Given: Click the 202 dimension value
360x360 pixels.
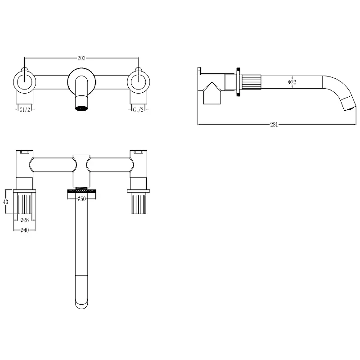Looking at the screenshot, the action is click(81, 58).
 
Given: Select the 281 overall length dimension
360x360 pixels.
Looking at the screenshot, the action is click(274, 125).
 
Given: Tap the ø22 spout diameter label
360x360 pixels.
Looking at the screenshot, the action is click(292, 82).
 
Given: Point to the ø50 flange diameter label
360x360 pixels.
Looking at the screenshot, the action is click(81, 198).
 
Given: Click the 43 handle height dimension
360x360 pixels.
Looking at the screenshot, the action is click(5, 202).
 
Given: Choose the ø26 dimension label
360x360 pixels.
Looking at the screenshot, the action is click(25, 220).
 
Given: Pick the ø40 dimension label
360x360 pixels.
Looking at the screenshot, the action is click(25, 230).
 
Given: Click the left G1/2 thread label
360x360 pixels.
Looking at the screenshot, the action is click(25, 110).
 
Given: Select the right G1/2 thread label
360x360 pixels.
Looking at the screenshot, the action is click(138, 110).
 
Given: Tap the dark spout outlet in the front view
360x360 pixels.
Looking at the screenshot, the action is click(81, 108).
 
